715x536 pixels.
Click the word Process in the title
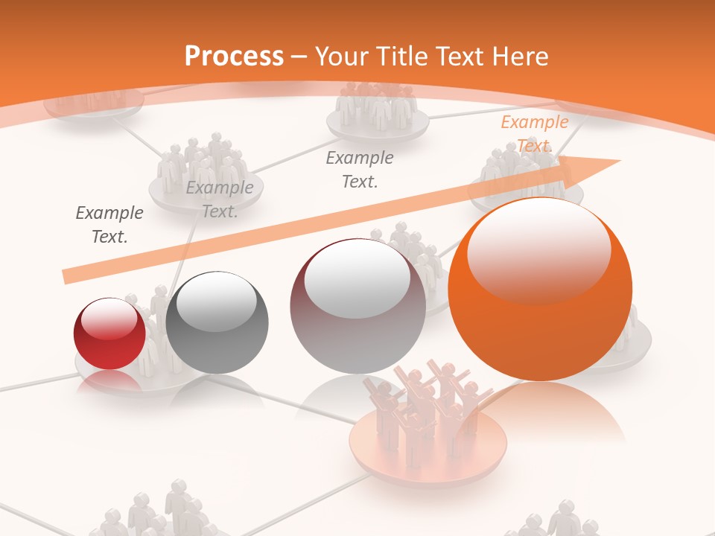point(234,56)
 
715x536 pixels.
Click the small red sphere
point(109,334)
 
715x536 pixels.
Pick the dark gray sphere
point(217,323)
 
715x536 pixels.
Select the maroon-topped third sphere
point(357,306)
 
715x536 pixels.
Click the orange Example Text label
point(534,134)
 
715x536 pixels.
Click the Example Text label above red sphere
point(109,225)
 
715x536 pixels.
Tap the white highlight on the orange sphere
point(538,249)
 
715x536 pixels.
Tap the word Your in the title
point(342,56)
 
